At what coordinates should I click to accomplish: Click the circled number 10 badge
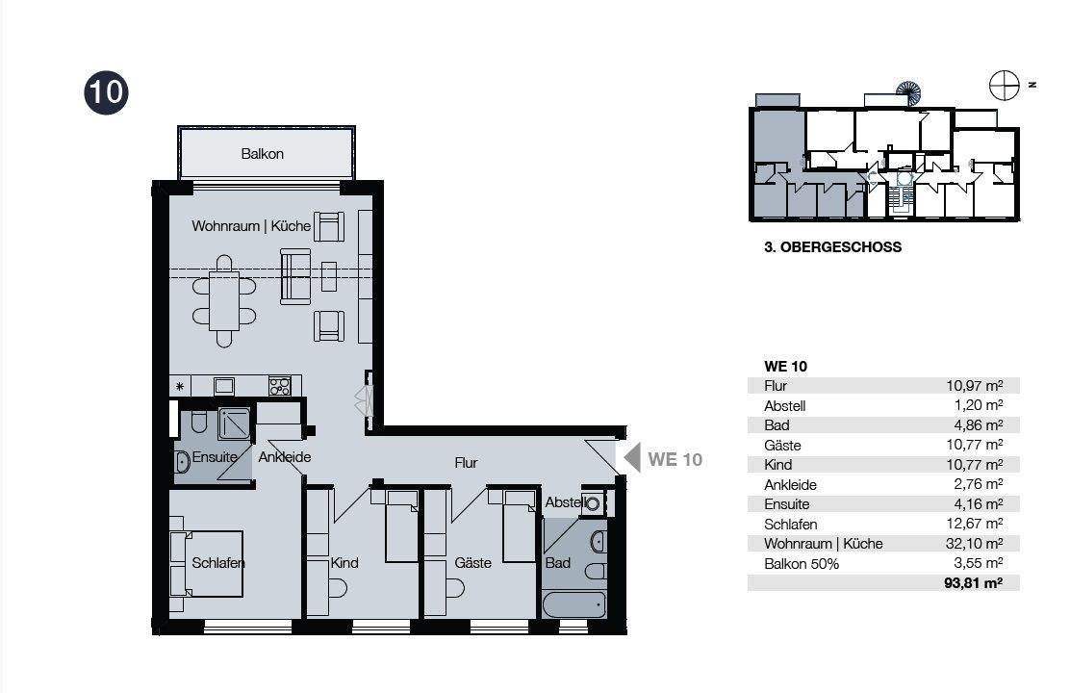click(x=107, y=92)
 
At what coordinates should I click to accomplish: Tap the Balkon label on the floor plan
click(x=262, y=154)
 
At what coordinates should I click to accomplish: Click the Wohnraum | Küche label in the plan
click(x=251, y=226)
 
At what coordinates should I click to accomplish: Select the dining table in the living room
click(x=224, y=301)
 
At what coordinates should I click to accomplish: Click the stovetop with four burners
click(x=280, y=386)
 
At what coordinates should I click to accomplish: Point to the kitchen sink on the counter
click(x=224, y=386)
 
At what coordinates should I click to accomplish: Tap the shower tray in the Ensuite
click(x=235, y=424)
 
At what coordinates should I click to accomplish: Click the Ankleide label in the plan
click(x=285, y=457)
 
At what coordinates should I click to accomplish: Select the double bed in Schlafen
click(x=206, y=564)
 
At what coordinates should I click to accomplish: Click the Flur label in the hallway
click(x=466, y=463)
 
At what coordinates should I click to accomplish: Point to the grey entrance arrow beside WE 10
click(x=632, y=457)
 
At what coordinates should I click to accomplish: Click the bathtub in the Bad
click(x=573, y=604)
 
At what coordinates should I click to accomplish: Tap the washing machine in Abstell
click(x=593, y=504)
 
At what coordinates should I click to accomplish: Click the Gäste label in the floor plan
click(x=472, y=563)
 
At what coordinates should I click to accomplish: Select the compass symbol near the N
click(x=1005, y=86)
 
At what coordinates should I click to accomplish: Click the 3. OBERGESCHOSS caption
click(x=832, y=247)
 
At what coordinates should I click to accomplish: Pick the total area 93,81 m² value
click(x=973, y=583)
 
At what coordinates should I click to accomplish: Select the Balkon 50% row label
click(x=802, y=564)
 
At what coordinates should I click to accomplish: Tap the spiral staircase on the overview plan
click(x=907, y=91)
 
